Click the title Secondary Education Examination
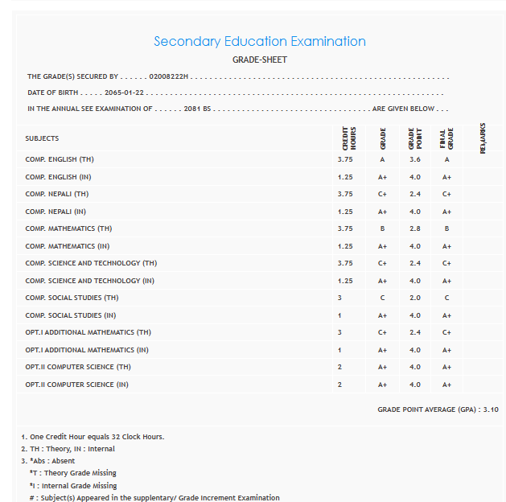click(x=259, y=41)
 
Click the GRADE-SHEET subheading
click(x=259, y=60)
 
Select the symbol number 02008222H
click(x=169, y=76)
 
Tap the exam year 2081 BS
click(x=197, y=109)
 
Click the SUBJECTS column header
click(x=42, y=138)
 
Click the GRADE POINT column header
click(x=414, y=138)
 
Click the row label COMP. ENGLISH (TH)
click(x=60, y=159)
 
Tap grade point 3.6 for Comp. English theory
click(x=414, y=159)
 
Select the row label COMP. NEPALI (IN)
click(x=56, y=212)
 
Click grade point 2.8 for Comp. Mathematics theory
click(x=414, y=228)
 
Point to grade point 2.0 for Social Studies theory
click(x=414, y=298)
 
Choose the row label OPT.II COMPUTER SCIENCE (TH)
click(x=77, y=367)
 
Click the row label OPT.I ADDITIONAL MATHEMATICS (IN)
click(x=87, y=350)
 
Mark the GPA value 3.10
click(x=490, y=409)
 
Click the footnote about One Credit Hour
click(x=93, y=437)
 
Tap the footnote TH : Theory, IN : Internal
click(x=68, y=449)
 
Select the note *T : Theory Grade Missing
click(x=72, y=473)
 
